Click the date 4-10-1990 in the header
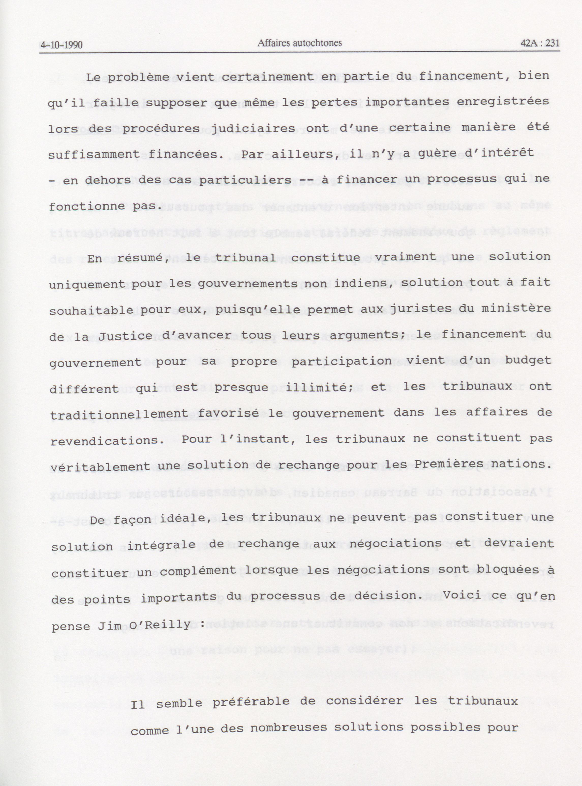point(62,45)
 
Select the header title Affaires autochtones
point(300,43)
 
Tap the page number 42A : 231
point(540,43)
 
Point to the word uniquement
point(87,285)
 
